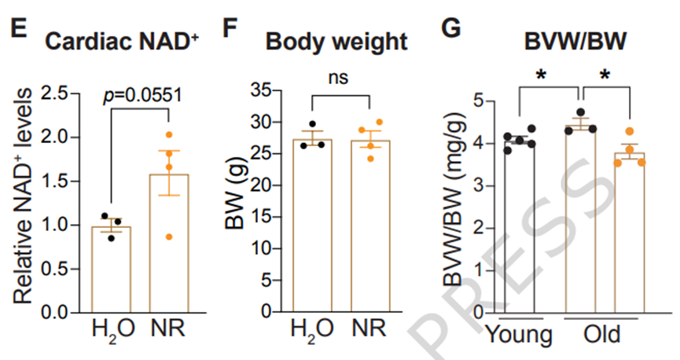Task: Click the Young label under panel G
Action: click(x=519, y=336)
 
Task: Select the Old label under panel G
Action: click(x=601, y=336)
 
